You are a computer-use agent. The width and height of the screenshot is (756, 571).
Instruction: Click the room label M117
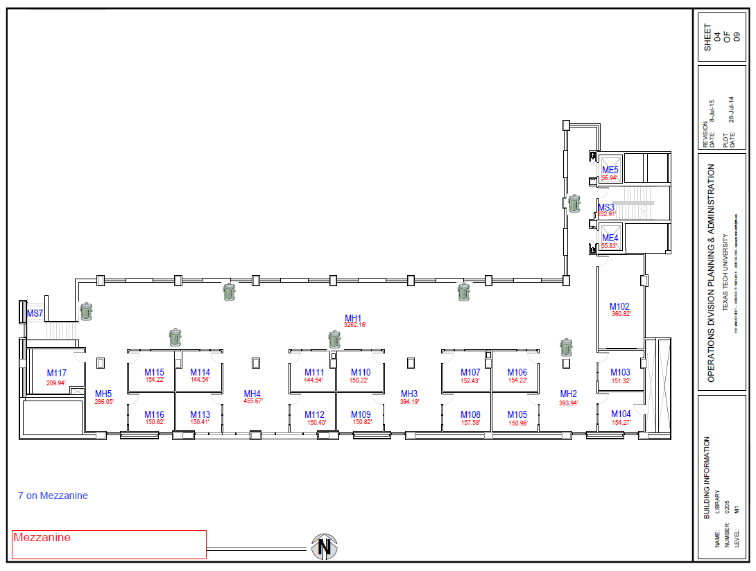click(x=57, y=374)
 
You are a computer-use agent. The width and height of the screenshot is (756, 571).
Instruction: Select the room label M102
click(x=619, y=306)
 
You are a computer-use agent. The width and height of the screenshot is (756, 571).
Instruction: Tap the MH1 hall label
click(x=354, y=318)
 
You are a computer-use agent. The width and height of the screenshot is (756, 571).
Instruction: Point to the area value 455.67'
click(x=252, y=401)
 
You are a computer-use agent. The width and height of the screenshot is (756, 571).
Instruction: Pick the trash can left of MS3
click(x=574, y=203)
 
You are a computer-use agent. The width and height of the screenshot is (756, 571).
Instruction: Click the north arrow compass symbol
click(x=324, y=547)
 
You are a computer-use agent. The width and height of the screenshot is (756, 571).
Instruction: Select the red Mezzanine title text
click(x=42, y=538)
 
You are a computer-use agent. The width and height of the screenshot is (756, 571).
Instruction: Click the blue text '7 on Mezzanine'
click(x=53, y=495)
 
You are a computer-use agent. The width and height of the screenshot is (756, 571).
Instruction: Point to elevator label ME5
click(x=610, y=170)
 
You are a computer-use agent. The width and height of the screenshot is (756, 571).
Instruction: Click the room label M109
click(x=361, y=414)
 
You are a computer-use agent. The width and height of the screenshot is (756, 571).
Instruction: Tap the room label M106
click(x=517, y=373)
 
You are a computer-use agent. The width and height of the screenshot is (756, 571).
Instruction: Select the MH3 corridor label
click(x=409, y=394)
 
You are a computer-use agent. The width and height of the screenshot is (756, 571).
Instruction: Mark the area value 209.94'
click(x=56, y=383)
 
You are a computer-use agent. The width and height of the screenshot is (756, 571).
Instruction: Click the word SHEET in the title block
click(x=707, y=38)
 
